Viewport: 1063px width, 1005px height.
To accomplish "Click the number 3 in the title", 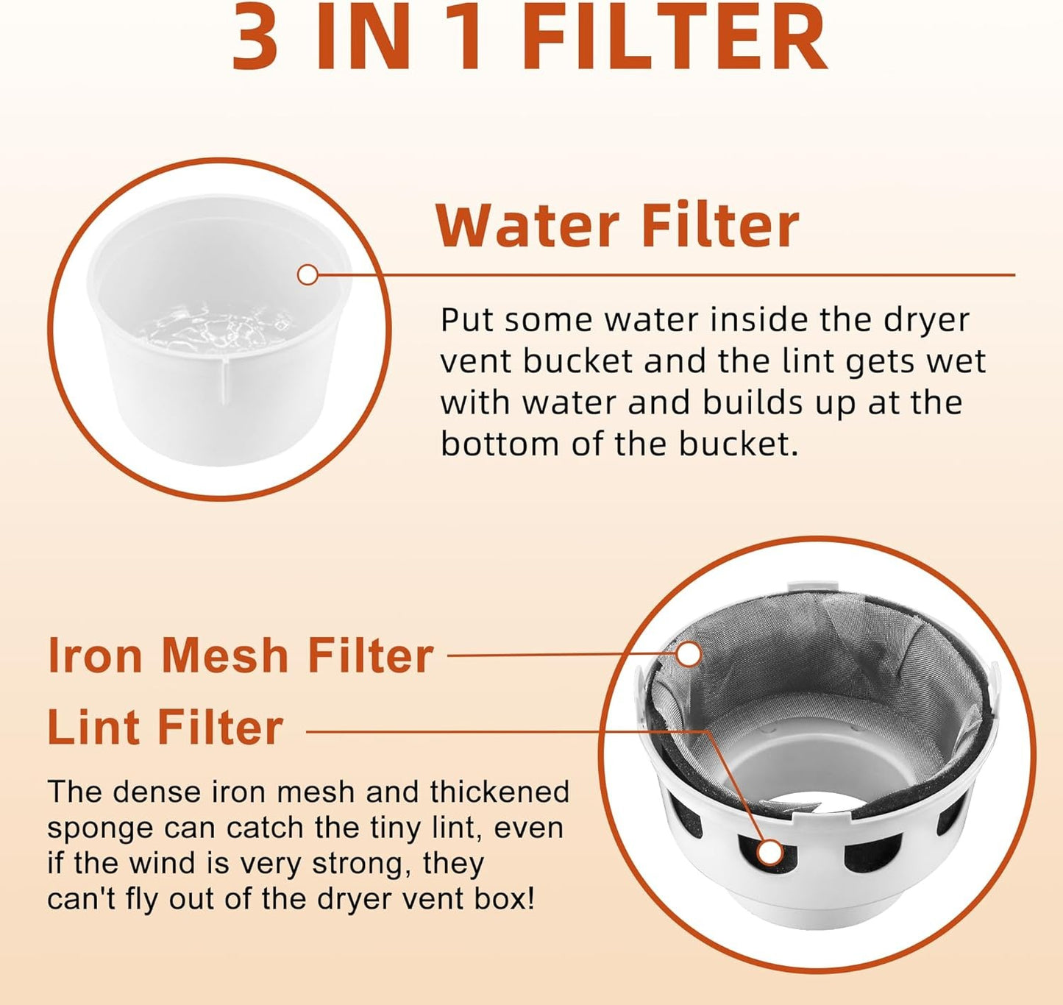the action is (x=256, y=36).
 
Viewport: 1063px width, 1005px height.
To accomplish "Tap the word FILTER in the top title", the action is (x=675, y=36).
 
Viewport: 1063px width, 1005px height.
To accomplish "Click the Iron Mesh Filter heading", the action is (x=241, y=655).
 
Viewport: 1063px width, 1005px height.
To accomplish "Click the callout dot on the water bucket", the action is (x=307, y=275).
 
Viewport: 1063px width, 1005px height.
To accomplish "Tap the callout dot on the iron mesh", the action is (x=689, y=655).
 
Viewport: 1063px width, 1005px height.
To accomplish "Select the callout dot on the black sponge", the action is (x=769, y=853).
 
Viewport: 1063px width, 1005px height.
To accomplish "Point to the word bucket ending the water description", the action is (x=738, y=444).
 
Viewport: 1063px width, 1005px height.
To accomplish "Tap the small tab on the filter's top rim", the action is (x=812, y=587).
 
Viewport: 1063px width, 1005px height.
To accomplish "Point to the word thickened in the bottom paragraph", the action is (x=499, y=792).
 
